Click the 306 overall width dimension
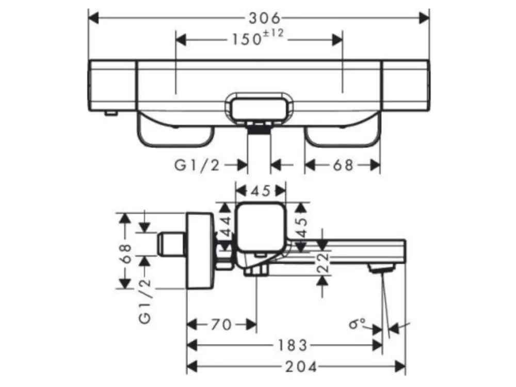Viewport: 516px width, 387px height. click(x=264, y=18)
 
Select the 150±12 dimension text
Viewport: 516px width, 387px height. click(x=257, y=38)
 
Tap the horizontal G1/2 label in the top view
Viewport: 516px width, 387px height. click(x=197, y=165)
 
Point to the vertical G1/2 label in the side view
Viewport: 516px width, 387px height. click(x=145, y=301)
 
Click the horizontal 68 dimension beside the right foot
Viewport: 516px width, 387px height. click(x=343, y=165)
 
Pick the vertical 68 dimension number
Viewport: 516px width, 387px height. click(x=126, y=253)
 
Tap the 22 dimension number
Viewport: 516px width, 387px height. click(x=324, y=262)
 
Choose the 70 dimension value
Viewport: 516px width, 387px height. click(x=221, y=325)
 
